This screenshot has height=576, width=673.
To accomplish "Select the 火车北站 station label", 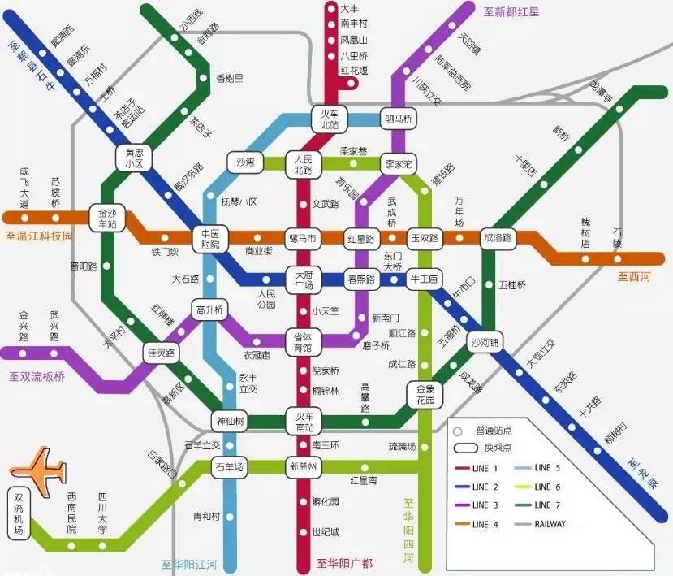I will click(x=330, y=119).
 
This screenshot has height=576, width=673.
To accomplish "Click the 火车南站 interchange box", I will click(x=304, y=422).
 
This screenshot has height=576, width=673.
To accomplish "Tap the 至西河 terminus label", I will click(x=634, y=277).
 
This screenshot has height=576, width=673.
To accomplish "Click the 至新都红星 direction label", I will click(x=511, y=12).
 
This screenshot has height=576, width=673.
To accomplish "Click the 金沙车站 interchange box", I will click(x=106, y=216).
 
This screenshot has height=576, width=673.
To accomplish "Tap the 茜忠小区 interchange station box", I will click(x=133, y=158).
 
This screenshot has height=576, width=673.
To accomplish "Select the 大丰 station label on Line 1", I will click(x=351, y=8).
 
